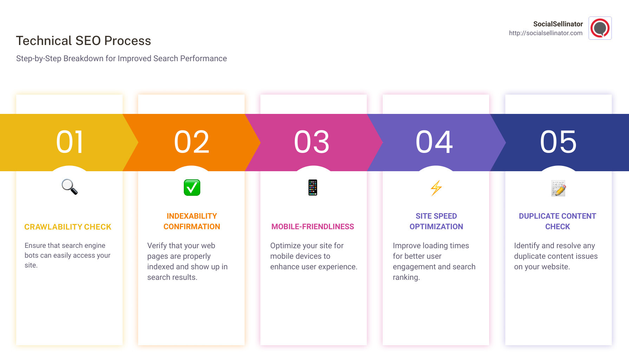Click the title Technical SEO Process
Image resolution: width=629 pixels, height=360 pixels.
point(83,41)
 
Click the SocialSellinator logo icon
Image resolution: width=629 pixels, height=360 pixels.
point(600,28)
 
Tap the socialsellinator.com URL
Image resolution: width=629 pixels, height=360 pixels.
point(545,33)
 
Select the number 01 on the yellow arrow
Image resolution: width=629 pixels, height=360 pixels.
point(70,142)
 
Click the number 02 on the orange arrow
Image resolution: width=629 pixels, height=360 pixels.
point(192,142)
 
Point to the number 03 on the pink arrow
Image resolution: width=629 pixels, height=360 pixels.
point(312,142)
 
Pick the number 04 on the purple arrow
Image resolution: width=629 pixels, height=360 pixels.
point(434,142)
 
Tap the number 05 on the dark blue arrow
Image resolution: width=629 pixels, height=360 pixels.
point(558,142)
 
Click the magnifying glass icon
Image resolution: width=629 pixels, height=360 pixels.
point(70,187)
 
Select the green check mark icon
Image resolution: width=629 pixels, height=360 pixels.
point(192,187)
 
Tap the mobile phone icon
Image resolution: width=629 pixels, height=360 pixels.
point(313,187)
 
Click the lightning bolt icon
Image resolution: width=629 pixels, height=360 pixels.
point(436,188)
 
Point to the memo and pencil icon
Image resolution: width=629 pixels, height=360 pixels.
point(558,188)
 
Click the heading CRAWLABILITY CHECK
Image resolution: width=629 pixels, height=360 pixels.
point(68,227)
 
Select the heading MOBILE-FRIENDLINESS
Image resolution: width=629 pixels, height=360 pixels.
point(313,227)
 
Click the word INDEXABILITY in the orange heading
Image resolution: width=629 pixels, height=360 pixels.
point(192,216)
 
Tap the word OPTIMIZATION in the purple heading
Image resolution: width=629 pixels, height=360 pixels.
point(436,227)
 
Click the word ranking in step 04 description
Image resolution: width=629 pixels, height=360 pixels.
point(406,277)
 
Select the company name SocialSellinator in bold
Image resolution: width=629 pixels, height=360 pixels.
point(558,24)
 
